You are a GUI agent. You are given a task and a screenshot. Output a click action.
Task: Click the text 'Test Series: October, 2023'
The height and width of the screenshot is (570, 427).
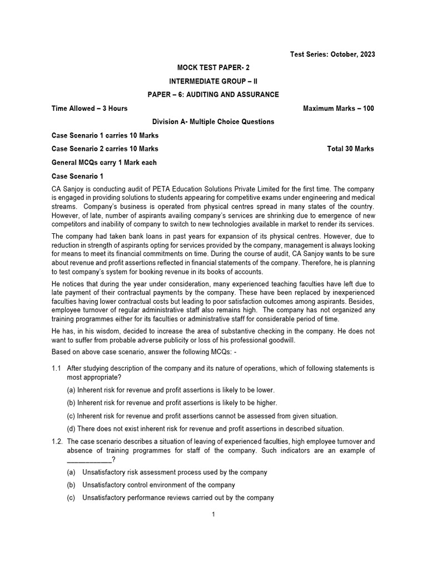coord(332,54)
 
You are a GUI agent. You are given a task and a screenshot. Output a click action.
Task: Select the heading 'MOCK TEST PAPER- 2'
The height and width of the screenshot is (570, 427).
coord(213,67)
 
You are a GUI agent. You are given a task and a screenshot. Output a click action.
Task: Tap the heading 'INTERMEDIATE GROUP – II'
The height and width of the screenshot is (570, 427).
coord(213,81)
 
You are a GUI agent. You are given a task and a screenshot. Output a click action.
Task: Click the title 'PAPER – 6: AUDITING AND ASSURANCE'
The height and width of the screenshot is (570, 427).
coord(213,95)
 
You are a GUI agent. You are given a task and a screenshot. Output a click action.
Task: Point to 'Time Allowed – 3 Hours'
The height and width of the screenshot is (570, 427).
coord(90,109)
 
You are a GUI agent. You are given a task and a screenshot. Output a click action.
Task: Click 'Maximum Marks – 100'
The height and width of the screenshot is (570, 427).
coord(338,109)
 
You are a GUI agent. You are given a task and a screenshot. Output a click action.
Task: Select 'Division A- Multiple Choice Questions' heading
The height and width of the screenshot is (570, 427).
coord(213,122)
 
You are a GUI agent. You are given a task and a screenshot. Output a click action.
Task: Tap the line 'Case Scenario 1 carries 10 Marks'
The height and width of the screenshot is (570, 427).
coord(105,135)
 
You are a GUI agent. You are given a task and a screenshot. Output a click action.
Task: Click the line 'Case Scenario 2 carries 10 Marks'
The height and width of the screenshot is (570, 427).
coord(105,149)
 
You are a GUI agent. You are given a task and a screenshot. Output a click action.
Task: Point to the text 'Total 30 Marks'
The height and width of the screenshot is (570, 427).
coord(351,149)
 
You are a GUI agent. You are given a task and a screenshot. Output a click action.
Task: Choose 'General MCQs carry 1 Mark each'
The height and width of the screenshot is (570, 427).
coord(104,163)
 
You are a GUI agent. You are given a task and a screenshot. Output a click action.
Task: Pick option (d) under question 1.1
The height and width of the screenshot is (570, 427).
coord(205,429)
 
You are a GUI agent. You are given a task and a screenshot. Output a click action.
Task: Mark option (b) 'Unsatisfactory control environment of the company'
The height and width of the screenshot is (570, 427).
coord(158,485)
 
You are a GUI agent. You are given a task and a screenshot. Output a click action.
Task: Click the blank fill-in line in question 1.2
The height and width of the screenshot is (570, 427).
coord(89,459)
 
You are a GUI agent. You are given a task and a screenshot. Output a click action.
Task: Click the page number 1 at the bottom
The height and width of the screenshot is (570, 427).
coord(213,514)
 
